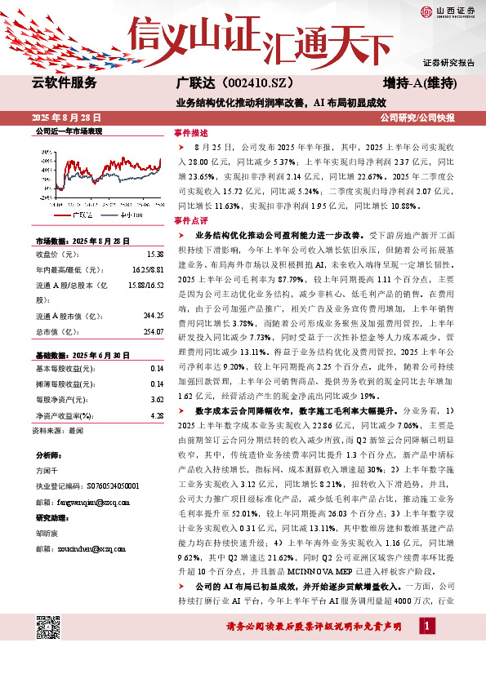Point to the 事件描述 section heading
tap(191, 132)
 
